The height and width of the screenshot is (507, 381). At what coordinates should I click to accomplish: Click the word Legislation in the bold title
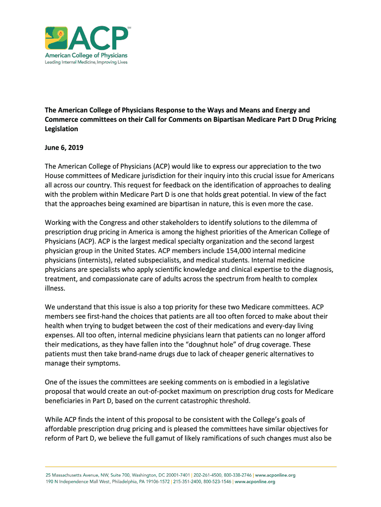coord(61,129)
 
